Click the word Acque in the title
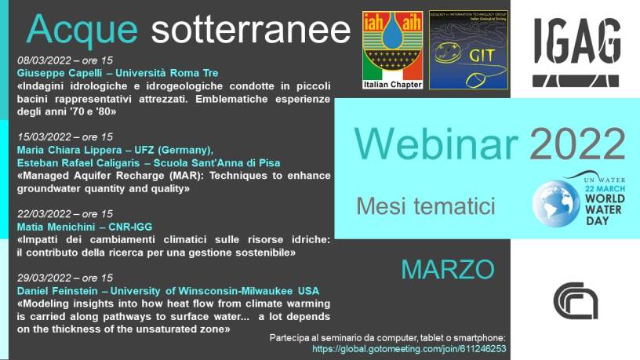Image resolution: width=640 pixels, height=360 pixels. [x=82, y=29]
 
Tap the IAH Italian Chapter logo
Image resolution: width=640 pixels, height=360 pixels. [x=393, y=49]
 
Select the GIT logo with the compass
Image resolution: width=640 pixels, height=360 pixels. [x=468, y=49]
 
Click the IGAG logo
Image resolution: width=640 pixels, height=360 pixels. [x=576, y=52]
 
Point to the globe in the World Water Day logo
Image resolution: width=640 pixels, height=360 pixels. [x=556, y=204]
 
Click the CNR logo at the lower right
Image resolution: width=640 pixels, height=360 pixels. [x=576, y=301]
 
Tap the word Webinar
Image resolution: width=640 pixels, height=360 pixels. [x=435, y=144]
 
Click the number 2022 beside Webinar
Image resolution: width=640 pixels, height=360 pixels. [x=577, y=144]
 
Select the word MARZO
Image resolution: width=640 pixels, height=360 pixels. [x=448, y=269]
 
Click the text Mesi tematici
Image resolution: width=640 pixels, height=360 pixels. [x=426, y=205]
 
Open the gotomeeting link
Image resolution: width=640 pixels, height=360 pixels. [x=409, y=349]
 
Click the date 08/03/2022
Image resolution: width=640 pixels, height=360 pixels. [x=44, y=60]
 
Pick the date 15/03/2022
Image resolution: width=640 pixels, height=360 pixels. [x=44, y=136]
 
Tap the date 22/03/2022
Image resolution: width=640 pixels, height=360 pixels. [x=44, y=214]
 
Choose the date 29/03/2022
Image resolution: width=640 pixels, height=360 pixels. [x=44, y=278]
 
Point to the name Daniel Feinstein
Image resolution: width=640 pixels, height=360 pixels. [x=57, y=291]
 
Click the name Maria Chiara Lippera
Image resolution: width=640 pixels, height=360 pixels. [x=69, y=151]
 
